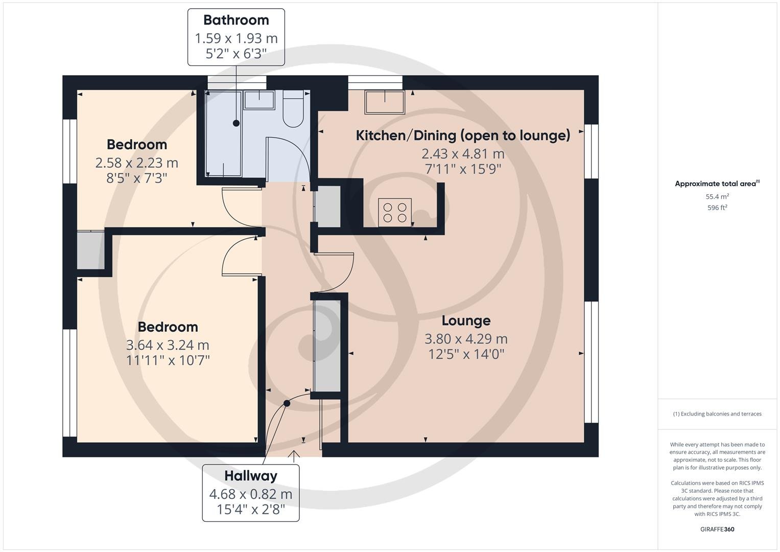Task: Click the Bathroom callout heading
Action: (x=236, y=20)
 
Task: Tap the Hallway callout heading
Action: (x=251, y=476)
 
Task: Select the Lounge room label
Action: (x=466, y=320)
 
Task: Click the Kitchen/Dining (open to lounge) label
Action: (x=463, y=135)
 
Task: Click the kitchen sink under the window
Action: (x=384, y=102)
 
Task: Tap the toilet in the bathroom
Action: (x=293, y=109)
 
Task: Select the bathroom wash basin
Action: (x=259, y=100)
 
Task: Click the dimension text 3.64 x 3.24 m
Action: (x=168, y=345)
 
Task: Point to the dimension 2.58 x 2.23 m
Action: (x=136, y=163)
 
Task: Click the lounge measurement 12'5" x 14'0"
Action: (x=466, y=354)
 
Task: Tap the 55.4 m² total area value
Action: (x=717, y=196)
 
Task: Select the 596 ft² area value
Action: (x=717, y=208)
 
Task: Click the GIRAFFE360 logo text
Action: (x=717, y=529)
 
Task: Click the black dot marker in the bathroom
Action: (x=236, y=123)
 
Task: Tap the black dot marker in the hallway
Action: (x=287, y=403)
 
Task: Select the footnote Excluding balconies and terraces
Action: (x=717, y=414)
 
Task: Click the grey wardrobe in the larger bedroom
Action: (x=90, y=250)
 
